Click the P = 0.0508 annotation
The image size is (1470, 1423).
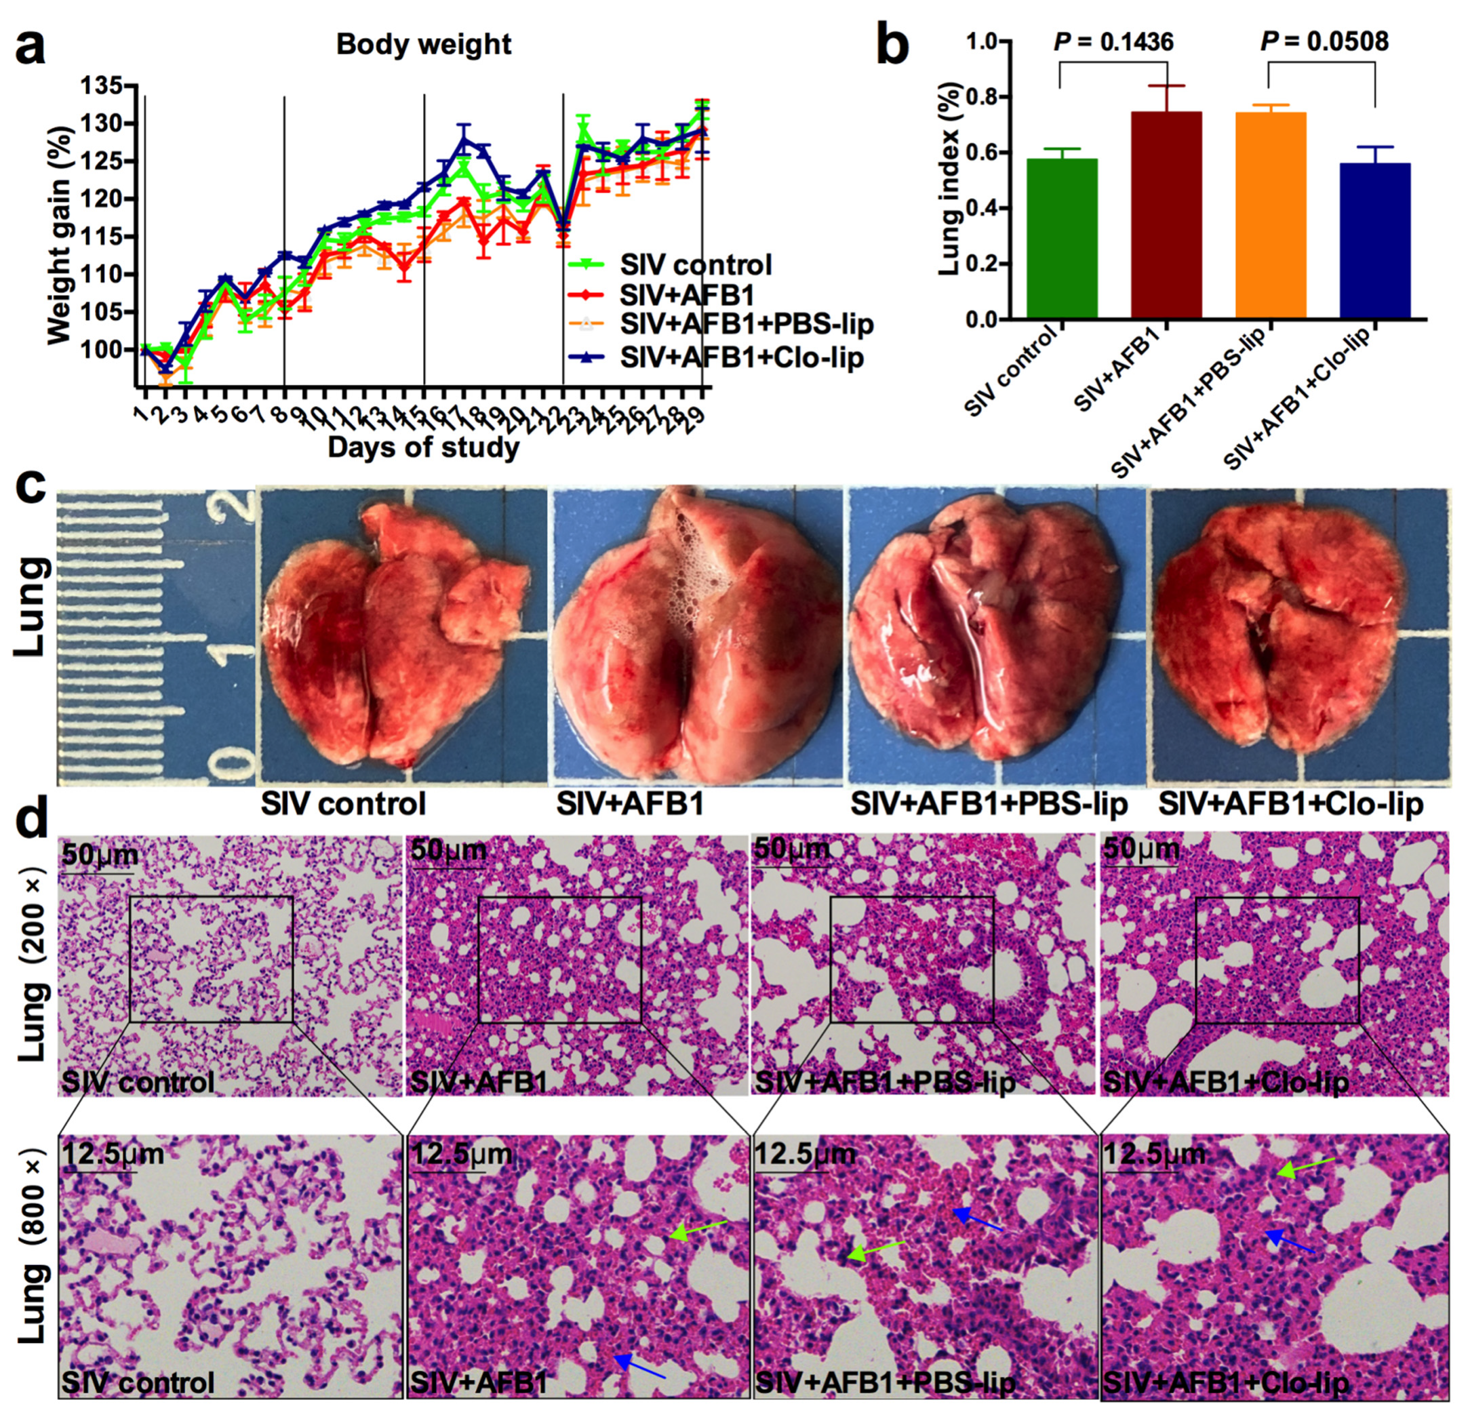1324,41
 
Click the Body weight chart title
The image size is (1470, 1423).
424,44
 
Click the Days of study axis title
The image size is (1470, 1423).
423,447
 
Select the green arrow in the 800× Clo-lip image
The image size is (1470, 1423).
1305,1167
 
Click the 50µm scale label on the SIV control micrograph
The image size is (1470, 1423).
99,855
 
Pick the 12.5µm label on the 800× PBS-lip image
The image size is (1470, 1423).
804,1153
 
